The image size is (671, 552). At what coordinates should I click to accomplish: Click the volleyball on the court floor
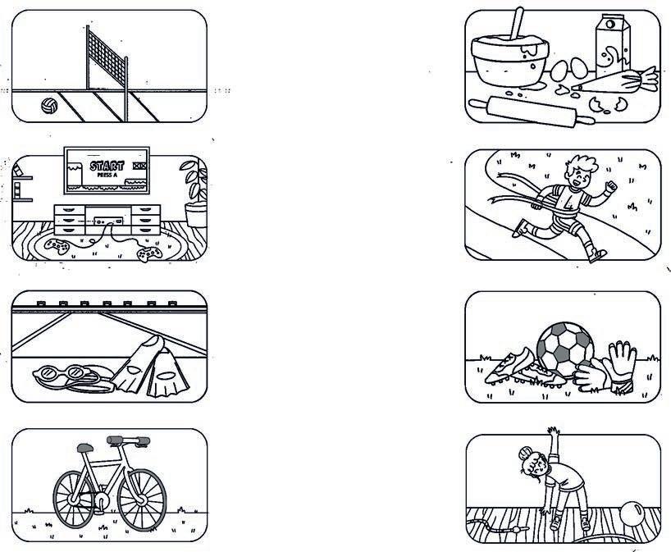[49, 106]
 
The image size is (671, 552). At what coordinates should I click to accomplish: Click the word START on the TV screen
[107, 166]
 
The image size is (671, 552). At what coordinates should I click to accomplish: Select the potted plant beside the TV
[195, 193]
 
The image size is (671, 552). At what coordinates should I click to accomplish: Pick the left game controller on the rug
[57, 247]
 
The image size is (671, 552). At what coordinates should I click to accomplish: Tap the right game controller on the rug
[149, 253]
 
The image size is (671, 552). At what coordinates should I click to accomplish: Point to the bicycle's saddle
[85, 448]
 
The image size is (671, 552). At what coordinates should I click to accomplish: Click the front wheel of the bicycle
[142, 500]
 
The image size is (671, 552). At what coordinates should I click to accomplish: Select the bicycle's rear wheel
[74, 500]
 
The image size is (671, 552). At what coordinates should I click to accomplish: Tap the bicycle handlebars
[129, 440]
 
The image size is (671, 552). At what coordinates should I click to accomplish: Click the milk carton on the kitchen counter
[614, 46]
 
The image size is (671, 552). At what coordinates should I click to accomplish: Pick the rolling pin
[532, 112]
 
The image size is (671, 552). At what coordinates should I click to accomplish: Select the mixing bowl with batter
[509, 60]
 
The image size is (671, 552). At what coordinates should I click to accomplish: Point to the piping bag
[615, 81]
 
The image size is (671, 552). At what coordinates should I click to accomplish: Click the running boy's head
[580, 171]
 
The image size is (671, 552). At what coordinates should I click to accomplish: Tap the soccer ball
[565, 349]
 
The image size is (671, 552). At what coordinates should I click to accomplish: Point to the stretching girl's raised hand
[554, 431]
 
